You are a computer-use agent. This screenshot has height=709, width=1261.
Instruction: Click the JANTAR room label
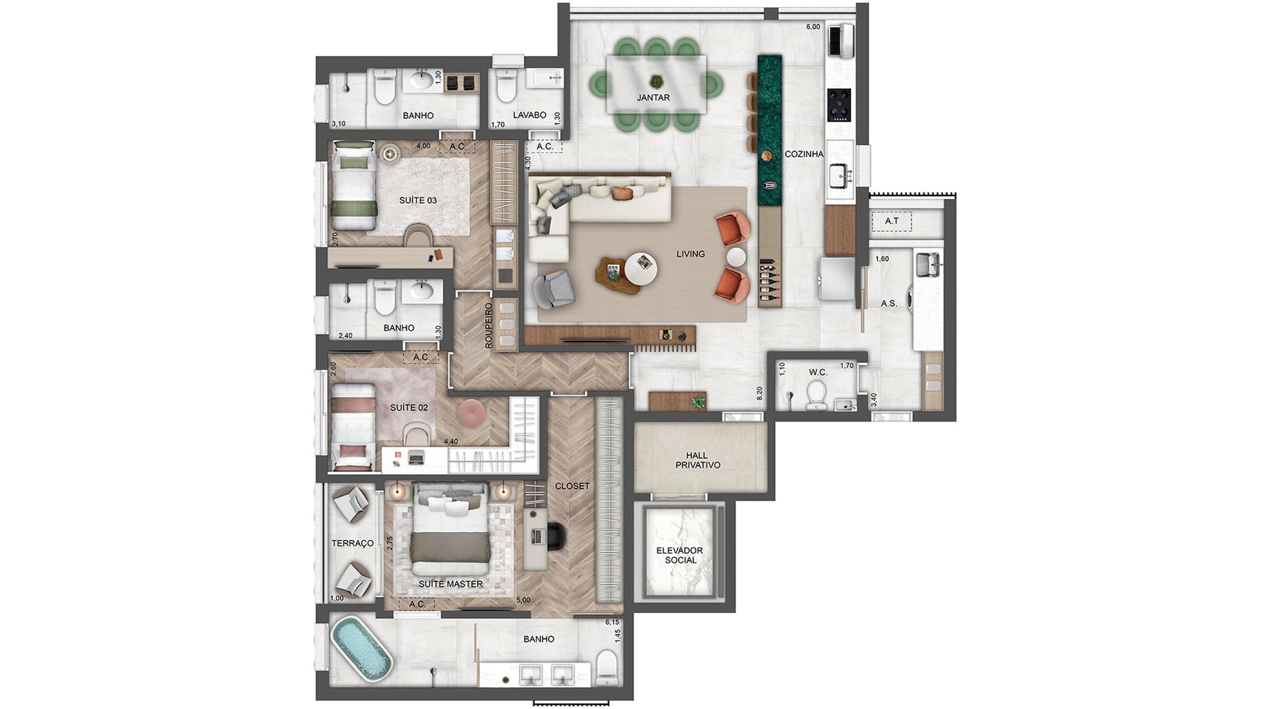pos(653,98)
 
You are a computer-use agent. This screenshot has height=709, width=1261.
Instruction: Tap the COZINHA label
pos(804,154)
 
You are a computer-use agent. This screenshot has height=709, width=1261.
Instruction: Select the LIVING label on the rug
pos(690,254)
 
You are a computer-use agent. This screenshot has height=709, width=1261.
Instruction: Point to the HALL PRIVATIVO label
pos(697,460)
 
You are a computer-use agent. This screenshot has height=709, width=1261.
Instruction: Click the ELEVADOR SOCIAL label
pos(680,555)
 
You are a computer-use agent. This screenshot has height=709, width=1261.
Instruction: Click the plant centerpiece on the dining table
pos(655,82)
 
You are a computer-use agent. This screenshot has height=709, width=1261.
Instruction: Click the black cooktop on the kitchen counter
pos(839,105)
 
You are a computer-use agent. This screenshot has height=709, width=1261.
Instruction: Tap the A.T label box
pos(891,221)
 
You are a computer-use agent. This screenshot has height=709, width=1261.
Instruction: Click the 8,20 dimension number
pos(760,394)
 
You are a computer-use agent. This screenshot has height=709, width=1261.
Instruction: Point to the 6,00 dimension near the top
pos(813,27)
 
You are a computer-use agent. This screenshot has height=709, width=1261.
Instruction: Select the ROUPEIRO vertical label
pos(488,326)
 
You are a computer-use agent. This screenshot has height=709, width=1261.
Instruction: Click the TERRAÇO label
pos(353,544)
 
